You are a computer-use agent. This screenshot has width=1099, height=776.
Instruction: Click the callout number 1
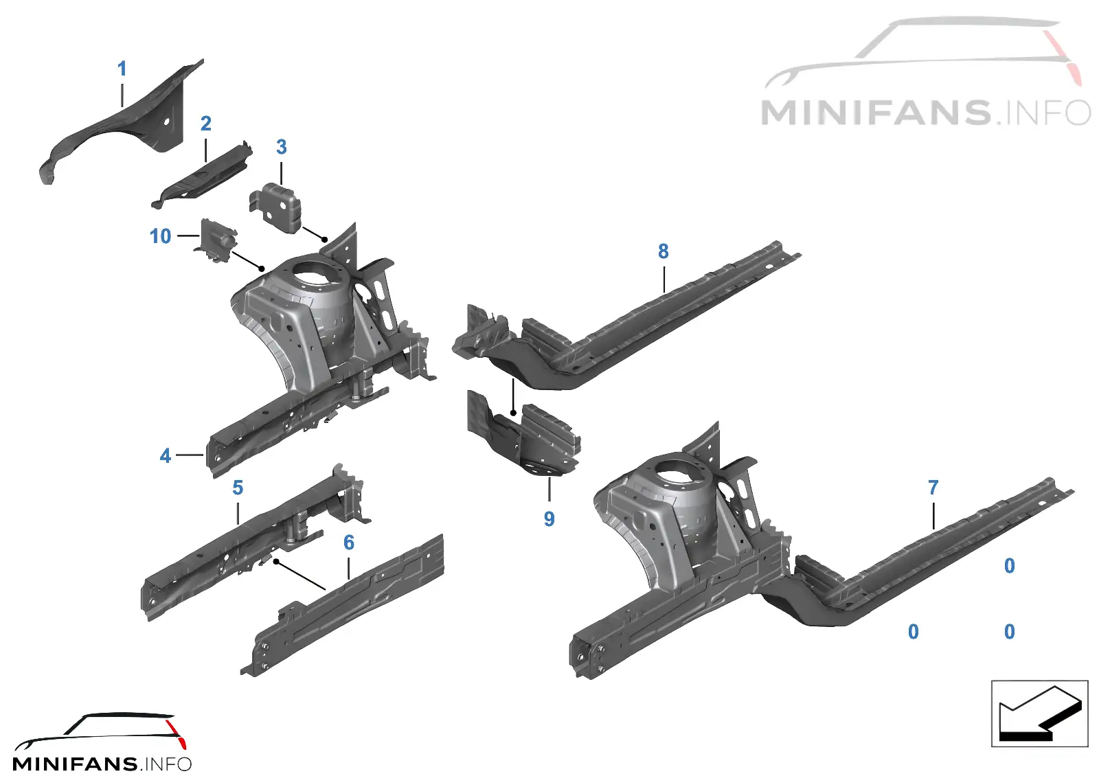click(x=122, y=69)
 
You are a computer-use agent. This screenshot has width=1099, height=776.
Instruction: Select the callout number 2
click(x=206, y=123)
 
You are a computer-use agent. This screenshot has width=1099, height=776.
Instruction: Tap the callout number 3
click(x=281, y=147)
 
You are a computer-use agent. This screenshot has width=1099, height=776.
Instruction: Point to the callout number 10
click(x=161, y=236)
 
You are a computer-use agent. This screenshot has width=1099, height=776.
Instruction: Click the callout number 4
click(x=166, y=456)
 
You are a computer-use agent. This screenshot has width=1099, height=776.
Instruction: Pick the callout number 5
click(x=238, y=488)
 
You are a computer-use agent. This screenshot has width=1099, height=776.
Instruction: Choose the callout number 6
click(x=348, y=543)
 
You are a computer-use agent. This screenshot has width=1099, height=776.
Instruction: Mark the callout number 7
click(x=933, y=487)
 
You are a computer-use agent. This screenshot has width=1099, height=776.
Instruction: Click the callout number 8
click(x=664, y=251)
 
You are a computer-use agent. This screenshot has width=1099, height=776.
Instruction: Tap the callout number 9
click(x=549, y=519)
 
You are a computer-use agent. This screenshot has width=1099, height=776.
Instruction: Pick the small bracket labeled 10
click(x=217, y=240)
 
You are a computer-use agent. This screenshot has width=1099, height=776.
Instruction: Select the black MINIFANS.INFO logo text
click(x=102, y=764)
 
